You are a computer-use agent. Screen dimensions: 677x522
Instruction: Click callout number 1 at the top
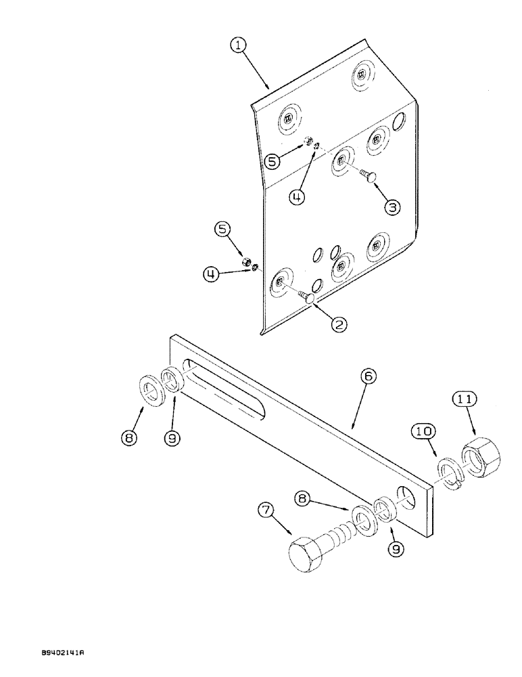(x=237, y=46)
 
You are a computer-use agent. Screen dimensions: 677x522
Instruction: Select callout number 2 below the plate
(x=338, y=324)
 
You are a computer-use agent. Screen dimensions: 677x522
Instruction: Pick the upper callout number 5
(x=271, y=161)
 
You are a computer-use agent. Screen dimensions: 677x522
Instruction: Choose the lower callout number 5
(x=223, y=229)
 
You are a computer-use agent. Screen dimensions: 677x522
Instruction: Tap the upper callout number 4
(x=295, y=197)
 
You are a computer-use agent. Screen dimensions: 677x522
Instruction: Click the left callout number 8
(x=130, y=438)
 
